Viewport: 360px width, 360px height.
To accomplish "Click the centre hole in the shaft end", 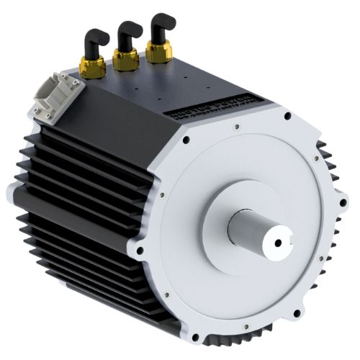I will click(278, 243).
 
